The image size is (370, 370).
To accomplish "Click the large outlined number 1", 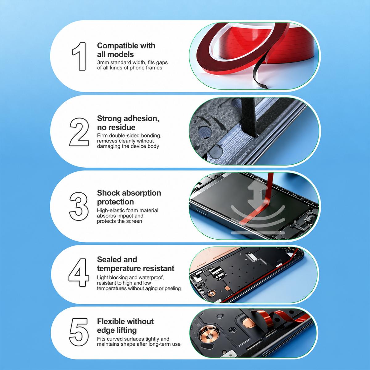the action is tap(80, 56).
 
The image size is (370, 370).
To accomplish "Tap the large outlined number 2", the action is tap(79, 132).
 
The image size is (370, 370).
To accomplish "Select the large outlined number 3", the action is tap(79, 206).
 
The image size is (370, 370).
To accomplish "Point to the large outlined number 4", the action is tap(79, 273).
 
